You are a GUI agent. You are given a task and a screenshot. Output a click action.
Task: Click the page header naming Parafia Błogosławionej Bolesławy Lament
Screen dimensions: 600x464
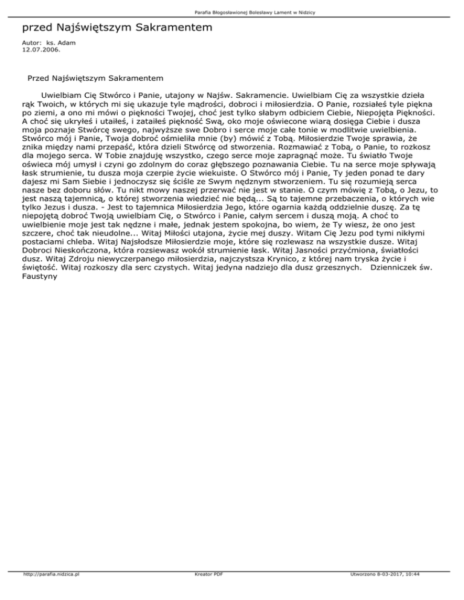click(x=231, y=12)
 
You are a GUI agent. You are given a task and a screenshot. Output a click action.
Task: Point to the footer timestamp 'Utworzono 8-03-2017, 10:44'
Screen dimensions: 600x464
click(x=407, y=591)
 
